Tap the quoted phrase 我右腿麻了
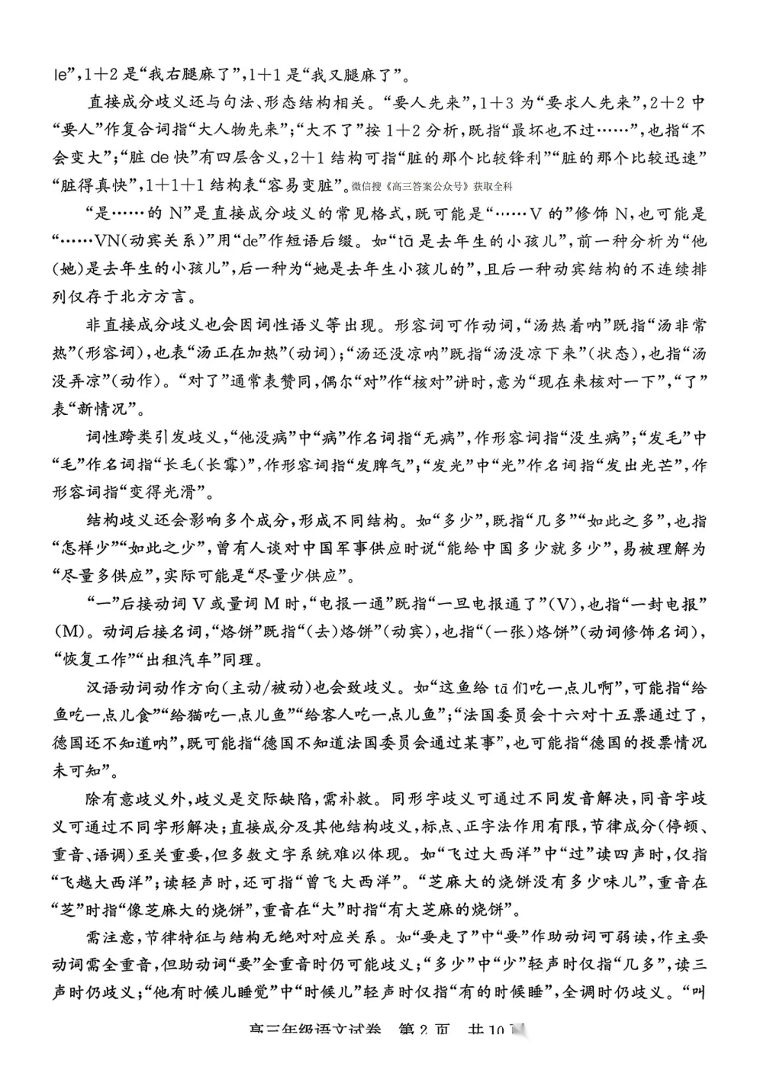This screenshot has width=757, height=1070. click(x=184, y=75)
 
